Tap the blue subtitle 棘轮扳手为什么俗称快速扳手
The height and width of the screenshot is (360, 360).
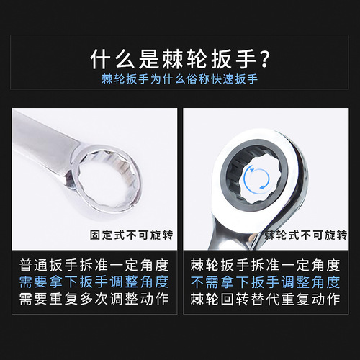coord(180,79)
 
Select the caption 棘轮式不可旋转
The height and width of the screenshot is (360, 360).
coord(306,235)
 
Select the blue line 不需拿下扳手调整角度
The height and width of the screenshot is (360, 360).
coord(266,281)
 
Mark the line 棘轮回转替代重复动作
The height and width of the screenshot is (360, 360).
coord(266,298)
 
